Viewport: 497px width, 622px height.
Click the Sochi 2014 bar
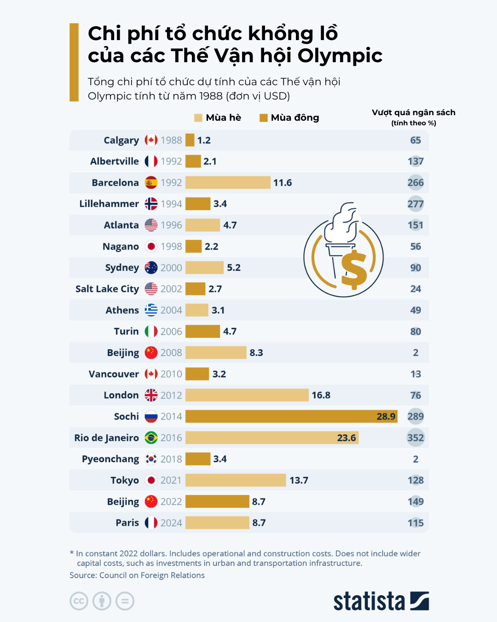pos(291,417)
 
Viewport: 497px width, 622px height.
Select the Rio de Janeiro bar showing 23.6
pos(272,438)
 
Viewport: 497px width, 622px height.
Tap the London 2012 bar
pos(247,395)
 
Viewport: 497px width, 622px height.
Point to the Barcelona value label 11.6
pos(283,183)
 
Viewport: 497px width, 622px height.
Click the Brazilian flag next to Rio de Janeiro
pos(151,438)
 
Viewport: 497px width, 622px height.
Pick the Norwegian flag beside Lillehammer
pos(151,204)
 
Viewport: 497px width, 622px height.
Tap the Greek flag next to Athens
pos(151,310)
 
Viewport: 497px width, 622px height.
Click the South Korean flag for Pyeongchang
pos(151,459)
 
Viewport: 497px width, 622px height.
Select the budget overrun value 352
pos(416,438)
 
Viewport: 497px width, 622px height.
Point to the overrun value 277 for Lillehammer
pos(416,204)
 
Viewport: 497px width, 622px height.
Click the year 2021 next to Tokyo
pos(171,480)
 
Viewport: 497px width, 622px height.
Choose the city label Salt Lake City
pos(107,289)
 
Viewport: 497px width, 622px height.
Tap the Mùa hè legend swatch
pos(198,118)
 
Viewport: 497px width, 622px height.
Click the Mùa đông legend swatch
pos(264,118)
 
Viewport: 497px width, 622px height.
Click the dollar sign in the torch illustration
pos(354,270)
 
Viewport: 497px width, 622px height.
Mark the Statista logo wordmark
pos(369,601)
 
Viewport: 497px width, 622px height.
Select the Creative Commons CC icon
pos(79,601)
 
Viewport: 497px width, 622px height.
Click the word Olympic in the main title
pos(340,56)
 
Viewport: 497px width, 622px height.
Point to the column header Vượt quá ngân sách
pos(413,113)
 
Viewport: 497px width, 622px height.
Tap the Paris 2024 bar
pos(217,523)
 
